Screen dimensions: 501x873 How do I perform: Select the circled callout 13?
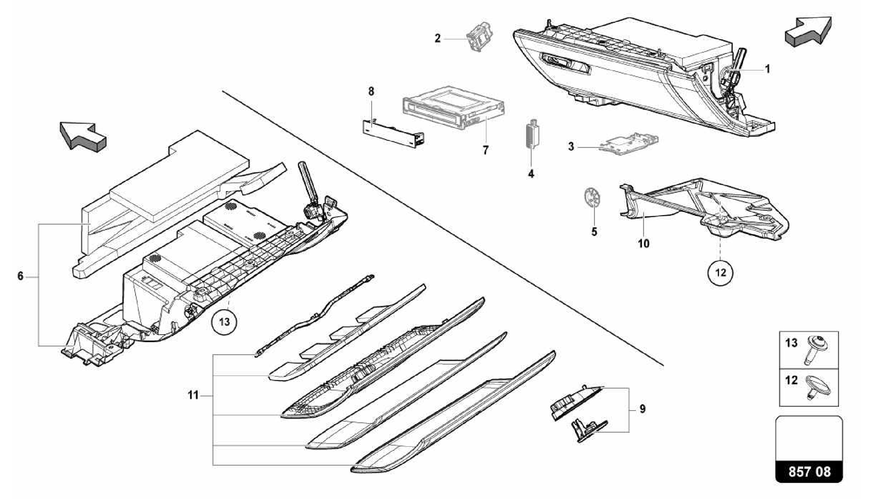pyautogui.click(x=224, y=321)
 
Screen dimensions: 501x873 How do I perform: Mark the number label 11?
pyautogui.click(x=194, y=396)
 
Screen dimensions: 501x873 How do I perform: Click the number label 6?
pyautogui.click(x=20, y=276)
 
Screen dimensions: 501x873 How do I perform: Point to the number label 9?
pyautogui.click(x=642, y=409)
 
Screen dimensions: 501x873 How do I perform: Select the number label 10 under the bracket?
pyautogui.click(x=643, y=244)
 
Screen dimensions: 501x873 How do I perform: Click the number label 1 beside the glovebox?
pyautogui.click(x=767, y=69)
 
